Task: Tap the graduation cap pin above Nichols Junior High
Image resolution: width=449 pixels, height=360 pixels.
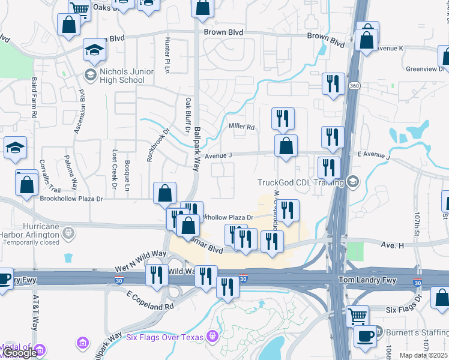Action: (94, 52)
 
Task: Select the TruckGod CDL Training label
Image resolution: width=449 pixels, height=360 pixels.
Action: (300, 182)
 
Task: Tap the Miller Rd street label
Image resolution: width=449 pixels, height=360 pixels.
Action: (242, 127)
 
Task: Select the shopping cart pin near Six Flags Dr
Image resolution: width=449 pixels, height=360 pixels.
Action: (358, 316)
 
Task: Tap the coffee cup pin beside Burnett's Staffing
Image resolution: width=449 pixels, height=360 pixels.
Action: (365, 336)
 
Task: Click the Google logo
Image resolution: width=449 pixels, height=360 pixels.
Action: (19, 353)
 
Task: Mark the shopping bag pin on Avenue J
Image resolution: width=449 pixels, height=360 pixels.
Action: (286, 146)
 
